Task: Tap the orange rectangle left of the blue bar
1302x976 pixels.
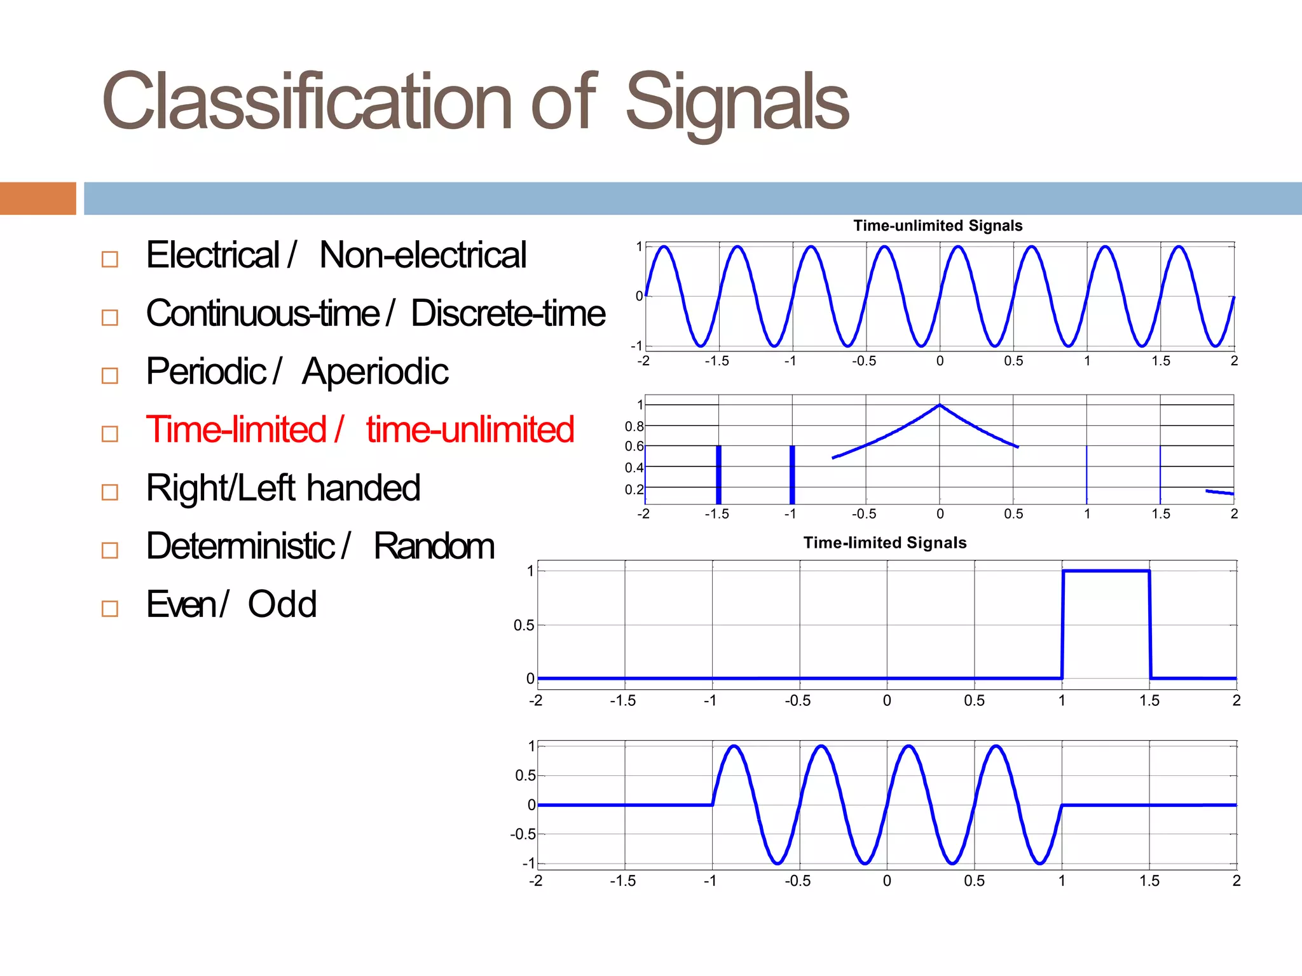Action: [x=38, y=198]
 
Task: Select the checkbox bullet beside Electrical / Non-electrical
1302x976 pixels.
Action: [x=110, y=259]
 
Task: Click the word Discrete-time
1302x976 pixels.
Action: [x=507, y=313]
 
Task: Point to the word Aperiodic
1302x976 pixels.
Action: [x=375, y=372]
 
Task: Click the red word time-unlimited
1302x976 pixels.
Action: [x=470, y=430]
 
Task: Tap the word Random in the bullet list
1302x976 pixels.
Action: [x=434, y=546]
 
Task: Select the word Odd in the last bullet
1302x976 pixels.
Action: [x=282, y=604]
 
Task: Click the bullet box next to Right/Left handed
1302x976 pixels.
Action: [x=110, y=492]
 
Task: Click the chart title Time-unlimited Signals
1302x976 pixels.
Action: [x=938, y=226]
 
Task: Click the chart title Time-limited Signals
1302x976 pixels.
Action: [x=884, y=543]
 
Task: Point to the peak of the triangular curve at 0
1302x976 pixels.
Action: [x=940, y=405]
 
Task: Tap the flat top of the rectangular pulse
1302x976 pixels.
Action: [x=1106, y=571]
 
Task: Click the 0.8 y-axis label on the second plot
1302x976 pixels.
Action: [x=634, y=426]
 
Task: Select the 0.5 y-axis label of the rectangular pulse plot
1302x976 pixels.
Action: [x=524, y=625]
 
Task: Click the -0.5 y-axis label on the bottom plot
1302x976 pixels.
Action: [x=523, y=834]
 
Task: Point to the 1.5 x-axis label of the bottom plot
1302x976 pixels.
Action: [x=1149, y=881]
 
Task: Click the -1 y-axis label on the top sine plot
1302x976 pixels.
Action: [x=636, y=346]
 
